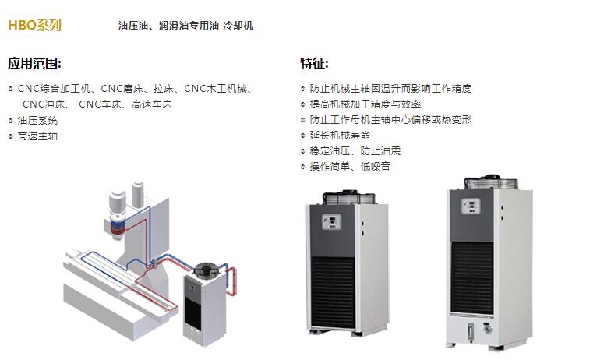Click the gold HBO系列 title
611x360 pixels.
[34, 25]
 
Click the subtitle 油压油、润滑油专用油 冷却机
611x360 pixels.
[185, 26]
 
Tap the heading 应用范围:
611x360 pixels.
[34, 64]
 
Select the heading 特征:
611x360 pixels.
[315, 64]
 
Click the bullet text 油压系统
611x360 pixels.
[37, 121]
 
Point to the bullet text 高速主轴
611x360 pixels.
[37, 136]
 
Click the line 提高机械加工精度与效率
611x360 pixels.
[365, 104]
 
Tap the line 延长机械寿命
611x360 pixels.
[340, 136]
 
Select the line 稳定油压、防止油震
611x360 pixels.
[355, 151]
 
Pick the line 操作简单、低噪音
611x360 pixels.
[350, 167]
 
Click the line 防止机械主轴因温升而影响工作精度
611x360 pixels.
[390, 89]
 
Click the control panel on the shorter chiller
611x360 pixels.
[332, 222]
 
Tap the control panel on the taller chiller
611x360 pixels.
[471, 206]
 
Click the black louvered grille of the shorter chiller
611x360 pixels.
[334, 291]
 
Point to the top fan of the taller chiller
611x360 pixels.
[491, 182]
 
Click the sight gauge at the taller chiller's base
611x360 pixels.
[471, 332]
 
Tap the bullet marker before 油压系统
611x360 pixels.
[11, 121]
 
